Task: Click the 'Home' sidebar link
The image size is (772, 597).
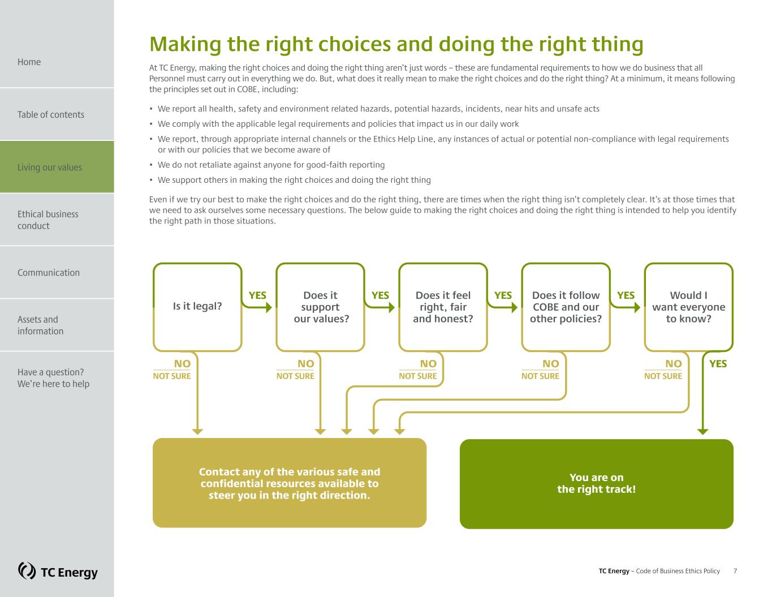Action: [29, 62]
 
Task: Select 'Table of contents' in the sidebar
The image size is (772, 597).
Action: [51, 114]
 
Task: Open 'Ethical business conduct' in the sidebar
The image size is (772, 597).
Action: [48, 220]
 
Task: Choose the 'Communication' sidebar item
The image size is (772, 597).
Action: [49, 273]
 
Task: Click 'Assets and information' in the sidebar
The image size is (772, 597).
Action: [41, 325]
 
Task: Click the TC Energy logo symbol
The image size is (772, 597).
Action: [27, 571]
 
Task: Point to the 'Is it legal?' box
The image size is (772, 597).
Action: [197, 307]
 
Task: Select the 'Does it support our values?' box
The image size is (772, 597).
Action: [321, 307]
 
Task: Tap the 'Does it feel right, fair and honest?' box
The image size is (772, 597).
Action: [443, 307]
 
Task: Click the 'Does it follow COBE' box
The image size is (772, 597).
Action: [566, 307]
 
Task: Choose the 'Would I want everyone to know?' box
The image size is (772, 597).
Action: [689, 307]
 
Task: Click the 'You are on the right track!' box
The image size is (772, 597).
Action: [597, 484]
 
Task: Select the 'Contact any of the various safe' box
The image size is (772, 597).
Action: [290, 483]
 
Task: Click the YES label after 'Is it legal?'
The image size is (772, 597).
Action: [257, 295]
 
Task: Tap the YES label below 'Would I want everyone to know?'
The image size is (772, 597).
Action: [718, 363]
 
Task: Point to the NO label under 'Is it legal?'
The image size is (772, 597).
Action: [182, 363]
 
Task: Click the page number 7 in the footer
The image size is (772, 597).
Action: [735, 571]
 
